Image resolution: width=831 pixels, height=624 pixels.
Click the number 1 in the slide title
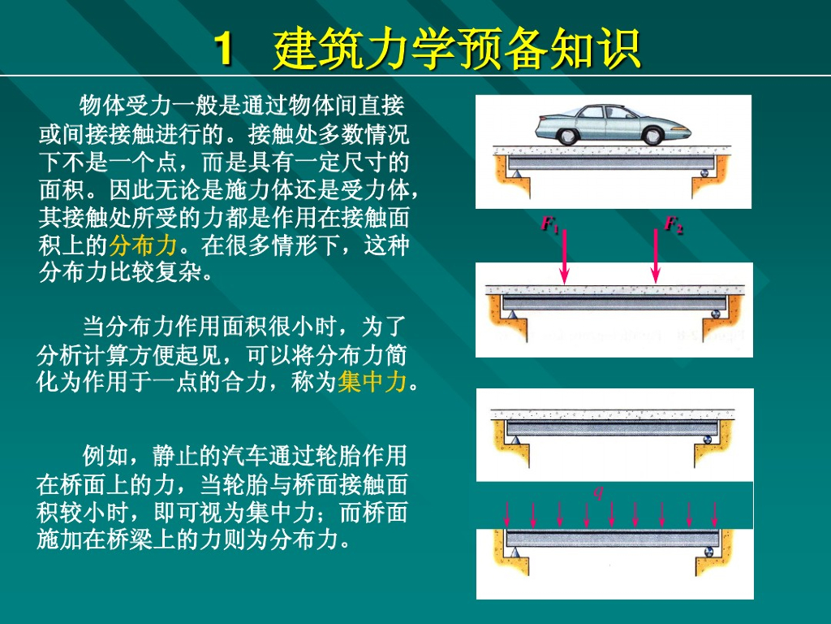coord(224,49)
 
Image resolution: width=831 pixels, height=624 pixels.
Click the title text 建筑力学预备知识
coord(457,49)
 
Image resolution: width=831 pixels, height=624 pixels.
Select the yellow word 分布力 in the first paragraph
coord(143,245)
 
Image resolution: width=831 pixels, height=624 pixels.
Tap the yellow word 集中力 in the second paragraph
coord(372,382)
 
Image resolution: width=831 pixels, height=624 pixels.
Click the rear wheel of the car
coord(566,136)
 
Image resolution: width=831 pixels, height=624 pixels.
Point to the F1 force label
coord(550,224)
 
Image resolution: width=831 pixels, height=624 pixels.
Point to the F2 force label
coord(674,224)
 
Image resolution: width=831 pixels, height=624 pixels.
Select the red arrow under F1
coord(565,257)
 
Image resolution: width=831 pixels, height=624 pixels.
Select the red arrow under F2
coord(656,257)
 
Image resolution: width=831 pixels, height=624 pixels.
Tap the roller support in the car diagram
coord(704,172)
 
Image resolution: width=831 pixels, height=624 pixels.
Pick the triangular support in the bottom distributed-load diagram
coord(514,552)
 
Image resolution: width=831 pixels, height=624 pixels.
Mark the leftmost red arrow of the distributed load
coord(507,514)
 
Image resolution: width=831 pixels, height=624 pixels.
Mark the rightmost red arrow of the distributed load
coord(715,514)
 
